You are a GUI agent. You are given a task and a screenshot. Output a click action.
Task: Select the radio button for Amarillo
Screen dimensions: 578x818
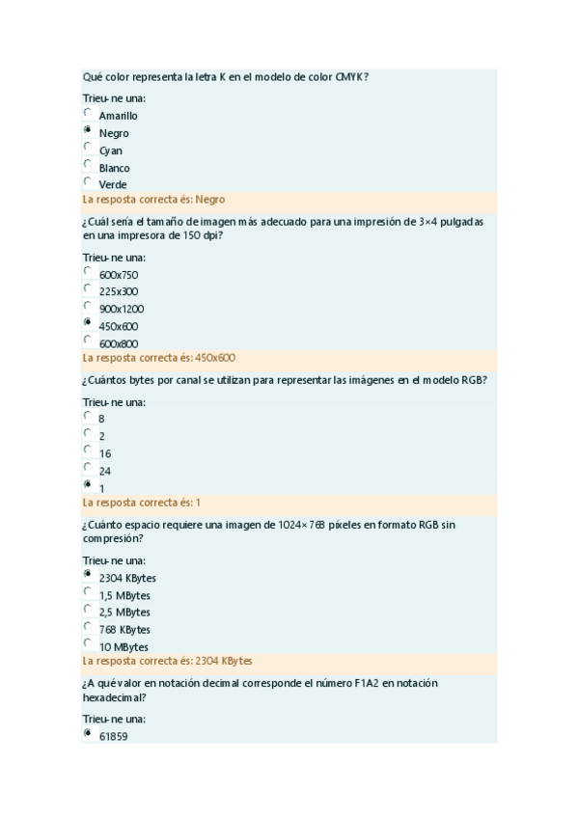[x=88, y=113]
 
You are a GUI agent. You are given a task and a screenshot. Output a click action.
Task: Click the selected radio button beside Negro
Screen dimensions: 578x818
[x=88, y=129]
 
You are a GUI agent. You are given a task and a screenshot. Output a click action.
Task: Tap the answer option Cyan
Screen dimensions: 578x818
[x=110, y=150]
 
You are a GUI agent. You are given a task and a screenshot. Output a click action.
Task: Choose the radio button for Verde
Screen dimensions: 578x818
[x=88, y=181]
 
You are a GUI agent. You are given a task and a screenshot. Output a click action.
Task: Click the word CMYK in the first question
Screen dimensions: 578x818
[x=352, y=76]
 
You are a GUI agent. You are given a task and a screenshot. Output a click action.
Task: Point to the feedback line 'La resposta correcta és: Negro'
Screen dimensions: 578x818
[x=154, y=200]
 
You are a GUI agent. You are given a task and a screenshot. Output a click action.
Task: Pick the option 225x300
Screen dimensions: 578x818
[x=118, y=291]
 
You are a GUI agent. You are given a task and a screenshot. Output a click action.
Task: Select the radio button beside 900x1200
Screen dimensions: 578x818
[x=88, y=306]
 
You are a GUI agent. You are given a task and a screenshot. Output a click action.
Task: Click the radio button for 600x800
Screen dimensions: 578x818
[x=88, y=340]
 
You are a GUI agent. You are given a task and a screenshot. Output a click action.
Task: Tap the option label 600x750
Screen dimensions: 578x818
[x=118, y=275]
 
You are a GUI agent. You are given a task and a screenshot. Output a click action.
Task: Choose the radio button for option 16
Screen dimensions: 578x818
[x=88, y=450]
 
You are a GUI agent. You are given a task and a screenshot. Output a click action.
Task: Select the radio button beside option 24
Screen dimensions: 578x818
[x=88, y=468]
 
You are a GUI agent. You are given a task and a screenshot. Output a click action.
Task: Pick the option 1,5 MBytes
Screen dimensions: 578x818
[x=124, y=595]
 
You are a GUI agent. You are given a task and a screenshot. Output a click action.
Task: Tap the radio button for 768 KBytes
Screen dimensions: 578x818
[x=88, y=626]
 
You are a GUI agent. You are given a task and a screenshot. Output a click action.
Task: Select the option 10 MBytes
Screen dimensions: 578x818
[x=124, y=647]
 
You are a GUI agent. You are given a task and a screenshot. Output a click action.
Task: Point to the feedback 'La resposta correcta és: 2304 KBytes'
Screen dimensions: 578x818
[x=168, y=662]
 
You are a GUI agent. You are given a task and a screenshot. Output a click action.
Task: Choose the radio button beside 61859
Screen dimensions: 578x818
[x=88, y=733]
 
